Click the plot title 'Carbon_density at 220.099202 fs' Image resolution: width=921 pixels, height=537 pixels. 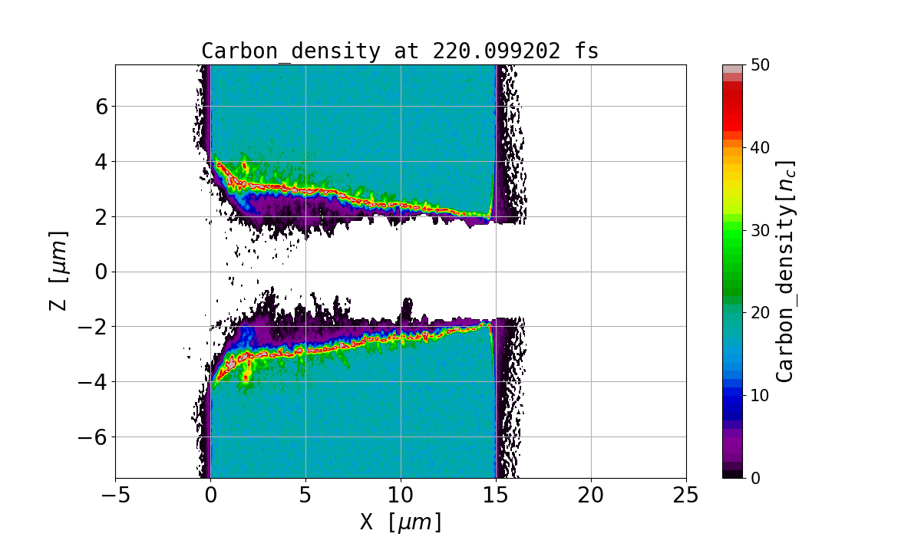(400, 51)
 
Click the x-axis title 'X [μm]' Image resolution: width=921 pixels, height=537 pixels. (401, 522)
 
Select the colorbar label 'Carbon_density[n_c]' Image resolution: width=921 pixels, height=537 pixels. (784, 271)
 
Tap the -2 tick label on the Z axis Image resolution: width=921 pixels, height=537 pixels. (94, 327)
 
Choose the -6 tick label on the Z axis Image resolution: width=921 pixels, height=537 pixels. (94, 437)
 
